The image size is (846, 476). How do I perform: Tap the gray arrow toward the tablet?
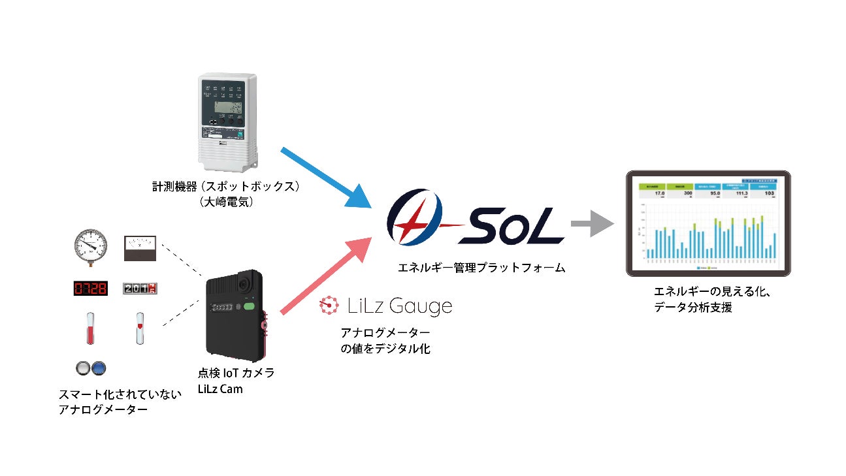(x=592, y=224)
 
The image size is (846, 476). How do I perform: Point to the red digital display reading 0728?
(x=89, y=288)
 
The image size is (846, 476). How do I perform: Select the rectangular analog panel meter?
(x=140, y=248)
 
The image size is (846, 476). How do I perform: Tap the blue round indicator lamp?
(x=99, y=368)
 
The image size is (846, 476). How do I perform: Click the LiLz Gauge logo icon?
(x=329, y=304)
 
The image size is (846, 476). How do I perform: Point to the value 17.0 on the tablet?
(x=659, y=193)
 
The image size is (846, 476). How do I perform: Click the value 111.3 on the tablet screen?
(x=740, y=193)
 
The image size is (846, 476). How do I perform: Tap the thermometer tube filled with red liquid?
(x=89, y=328)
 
